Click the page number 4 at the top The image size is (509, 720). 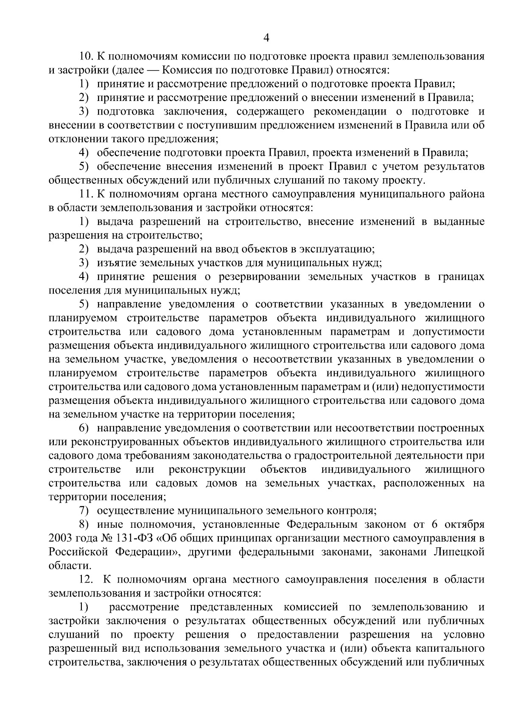(x=266, y=38)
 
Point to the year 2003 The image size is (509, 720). (x=62, y=538)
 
